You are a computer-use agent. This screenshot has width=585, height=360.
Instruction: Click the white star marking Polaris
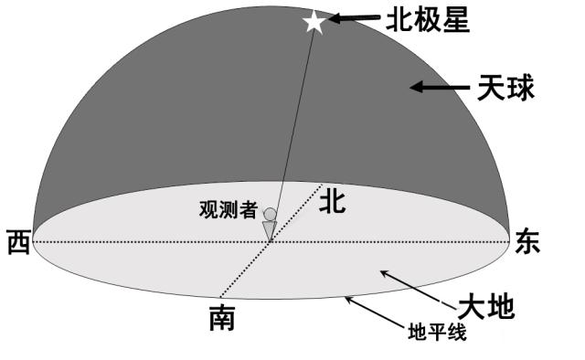click(314, 21)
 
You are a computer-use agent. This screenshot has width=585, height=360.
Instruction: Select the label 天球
click(505, 88)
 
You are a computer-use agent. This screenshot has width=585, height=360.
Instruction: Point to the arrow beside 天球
click(439, 88)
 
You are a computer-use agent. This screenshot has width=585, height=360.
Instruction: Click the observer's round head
click(270, 215)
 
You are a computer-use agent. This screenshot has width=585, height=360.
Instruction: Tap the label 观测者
click(229, 209)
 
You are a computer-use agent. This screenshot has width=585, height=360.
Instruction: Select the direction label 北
click(332, 203)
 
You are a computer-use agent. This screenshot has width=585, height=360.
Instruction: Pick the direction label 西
click(17, 242)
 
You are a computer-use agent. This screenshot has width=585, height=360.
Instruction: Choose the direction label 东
click(527, 240)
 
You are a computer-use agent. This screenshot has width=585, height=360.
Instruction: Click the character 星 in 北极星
click(454, 19)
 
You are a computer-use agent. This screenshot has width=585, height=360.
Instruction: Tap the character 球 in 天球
click(520, 88)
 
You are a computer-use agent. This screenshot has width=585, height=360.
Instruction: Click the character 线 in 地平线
click(457, 332)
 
